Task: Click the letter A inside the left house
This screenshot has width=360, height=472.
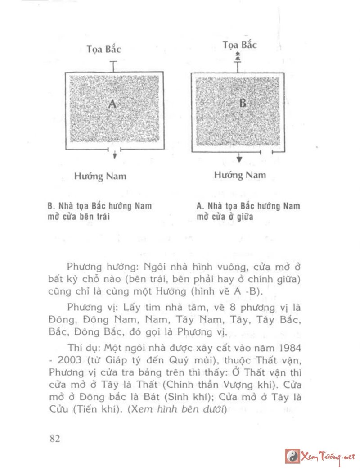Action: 112,104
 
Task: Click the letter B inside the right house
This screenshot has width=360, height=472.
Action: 243,103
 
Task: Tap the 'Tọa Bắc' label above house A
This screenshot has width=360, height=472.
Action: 104,49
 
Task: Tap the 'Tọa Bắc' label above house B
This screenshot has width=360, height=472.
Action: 240,45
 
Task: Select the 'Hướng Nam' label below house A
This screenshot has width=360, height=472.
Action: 100,176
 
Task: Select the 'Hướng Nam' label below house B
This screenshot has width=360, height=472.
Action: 240,175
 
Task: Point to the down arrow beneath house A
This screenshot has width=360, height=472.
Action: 115,154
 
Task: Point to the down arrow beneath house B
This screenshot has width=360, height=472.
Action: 239,158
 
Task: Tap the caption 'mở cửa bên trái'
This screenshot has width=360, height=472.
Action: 79,216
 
